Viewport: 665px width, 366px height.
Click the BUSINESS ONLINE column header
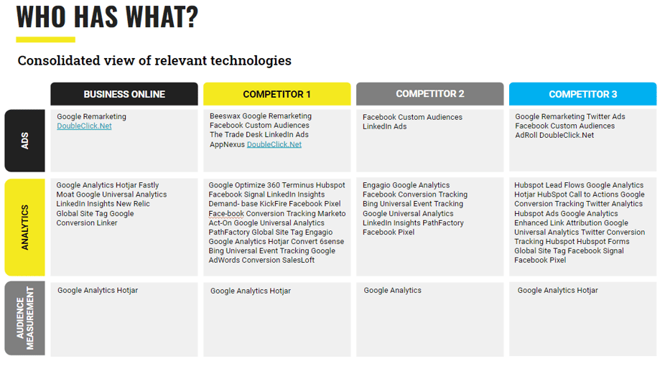124,94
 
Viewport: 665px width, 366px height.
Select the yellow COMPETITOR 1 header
277,94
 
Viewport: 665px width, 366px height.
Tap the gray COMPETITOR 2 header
430,93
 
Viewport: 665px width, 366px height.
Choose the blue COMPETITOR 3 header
582,94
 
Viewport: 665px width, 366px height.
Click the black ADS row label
24,141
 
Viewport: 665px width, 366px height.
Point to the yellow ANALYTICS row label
24,227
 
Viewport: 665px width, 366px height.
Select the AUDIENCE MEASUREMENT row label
24,318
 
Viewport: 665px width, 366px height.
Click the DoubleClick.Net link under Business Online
85,126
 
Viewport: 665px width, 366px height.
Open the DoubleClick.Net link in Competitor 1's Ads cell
274,144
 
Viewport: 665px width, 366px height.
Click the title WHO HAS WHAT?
107,17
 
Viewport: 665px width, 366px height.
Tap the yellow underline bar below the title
46,39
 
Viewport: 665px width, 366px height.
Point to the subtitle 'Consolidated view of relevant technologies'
154,60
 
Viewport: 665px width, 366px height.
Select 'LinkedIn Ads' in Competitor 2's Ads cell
385,126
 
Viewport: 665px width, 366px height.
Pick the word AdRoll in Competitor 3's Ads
526,135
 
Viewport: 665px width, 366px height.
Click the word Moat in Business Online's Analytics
65,194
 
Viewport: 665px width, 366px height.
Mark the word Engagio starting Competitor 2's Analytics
376,185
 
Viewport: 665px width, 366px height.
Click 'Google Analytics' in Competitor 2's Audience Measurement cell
393,290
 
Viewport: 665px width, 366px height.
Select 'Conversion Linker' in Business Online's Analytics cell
87,222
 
